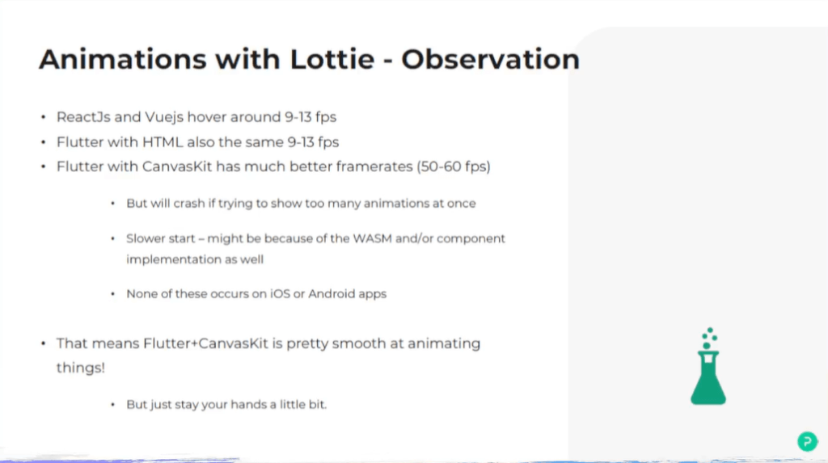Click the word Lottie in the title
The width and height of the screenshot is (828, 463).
click(332, 59)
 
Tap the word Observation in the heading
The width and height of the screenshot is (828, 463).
click(491, 59)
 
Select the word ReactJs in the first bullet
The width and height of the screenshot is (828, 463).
click(83, 116)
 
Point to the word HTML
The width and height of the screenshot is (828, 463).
click(163, 142)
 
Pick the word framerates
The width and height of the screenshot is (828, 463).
click(374, 166)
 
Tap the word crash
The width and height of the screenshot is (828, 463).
click(189, 204)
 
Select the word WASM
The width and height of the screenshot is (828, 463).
click(372, 238)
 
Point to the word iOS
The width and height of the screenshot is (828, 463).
click(281, 293)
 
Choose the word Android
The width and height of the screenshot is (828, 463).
click(331, 293)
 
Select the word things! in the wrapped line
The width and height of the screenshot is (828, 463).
click(81, 368)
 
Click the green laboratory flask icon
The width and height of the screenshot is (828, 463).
click(708, 366)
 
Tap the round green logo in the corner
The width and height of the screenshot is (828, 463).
click(807, 441)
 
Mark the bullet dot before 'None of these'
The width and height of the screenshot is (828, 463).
click(112, 294)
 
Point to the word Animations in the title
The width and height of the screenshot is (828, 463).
click(123, 59)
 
